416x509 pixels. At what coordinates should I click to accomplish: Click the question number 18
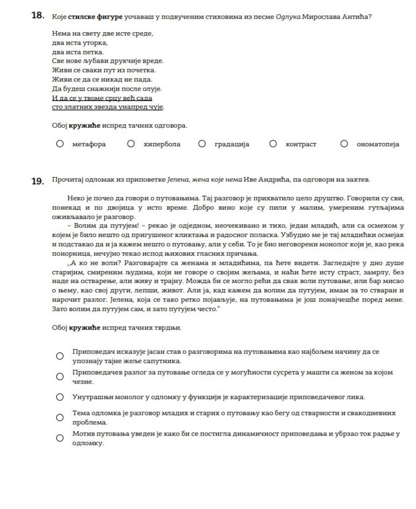(38, 16)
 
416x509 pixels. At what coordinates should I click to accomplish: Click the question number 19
(38, 181)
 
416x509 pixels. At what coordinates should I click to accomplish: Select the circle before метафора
(60, 144)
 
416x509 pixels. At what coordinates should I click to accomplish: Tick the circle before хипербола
(131, 144)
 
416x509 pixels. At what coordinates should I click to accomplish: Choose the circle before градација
(202, 144)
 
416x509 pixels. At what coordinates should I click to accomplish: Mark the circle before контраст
(273, 144)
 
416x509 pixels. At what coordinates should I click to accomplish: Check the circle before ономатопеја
(344, 144)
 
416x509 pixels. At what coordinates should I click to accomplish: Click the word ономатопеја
(379, 145)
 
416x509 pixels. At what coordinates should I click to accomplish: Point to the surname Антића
(355, 17)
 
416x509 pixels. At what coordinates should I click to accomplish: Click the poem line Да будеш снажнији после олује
(107, 89)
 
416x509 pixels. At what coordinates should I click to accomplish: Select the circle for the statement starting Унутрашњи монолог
(60, 397)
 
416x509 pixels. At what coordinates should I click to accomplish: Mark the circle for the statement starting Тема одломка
(60, 417)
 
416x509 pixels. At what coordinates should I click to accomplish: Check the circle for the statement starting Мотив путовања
(60, 438)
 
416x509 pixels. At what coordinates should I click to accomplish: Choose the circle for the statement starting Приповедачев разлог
(60, 376)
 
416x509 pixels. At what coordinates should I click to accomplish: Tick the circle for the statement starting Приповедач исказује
(60, 356)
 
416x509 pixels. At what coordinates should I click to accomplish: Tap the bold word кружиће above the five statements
(84, 327)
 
